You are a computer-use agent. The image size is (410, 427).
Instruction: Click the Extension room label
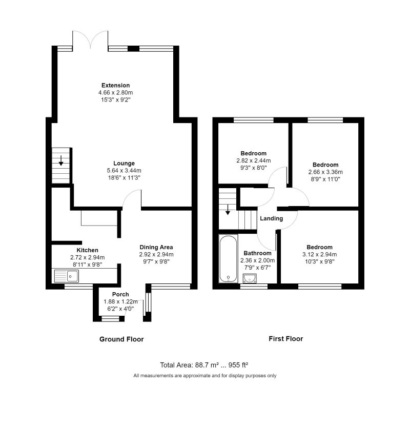[x=115, y=85]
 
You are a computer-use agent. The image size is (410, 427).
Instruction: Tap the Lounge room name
[x=124, y=163]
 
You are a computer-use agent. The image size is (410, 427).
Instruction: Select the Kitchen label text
[x=88, y=250]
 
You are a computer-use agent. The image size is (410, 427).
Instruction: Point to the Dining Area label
[x=156, y=247]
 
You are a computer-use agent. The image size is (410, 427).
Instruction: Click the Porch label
[x=120, y=294]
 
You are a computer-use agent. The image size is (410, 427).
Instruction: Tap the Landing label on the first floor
[x=272, y=218]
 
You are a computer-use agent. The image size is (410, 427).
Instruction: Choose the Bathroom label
[x=258, y=253]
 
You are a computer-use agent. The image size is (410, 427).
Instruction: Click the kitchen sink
[x=67, y=276]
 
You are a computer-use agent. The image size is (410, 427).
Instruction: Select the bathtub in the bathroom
[x=228, y=259]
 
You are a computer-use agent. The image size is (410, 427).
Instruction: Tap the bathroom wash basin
[x=250, y=278]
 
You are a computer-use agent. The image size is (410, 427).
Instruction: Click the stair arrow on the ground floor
[x=61, y=160]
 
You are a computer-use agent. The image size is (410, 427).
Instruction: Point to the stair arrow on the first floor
[x=228, y=210]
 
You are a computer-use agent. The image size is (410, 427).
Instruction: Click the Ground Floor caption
[x=121, y=339]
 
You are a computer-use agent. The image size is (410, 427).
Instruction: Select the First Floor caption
[x=286, y=339]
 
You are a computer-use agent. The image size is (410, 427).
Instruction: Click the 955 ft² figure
[x=238, y=365]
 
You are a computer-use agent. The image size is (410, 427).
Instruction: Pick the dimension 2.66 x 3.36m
[x=325, y=172]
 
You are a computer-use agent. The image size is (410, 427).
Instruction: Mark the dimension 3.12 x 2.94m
[x=320, y=254]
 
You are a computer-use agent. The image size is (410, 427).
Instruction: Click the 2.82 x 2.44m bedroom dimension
[x=254, y=160]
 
